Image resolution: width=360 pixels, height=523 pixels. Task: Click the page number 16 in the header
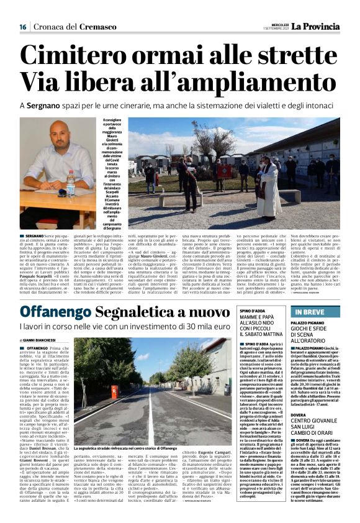point(22,27)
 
